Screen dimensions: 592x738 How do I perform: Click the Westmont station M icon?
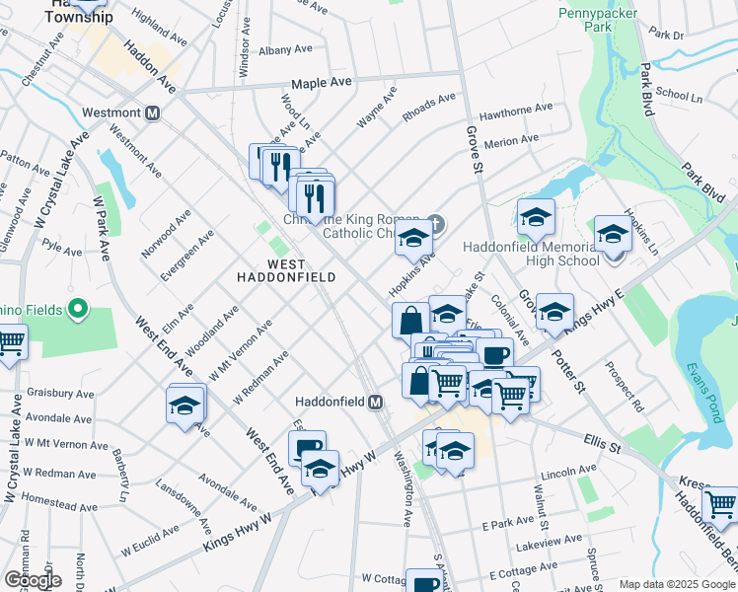pos(152,112)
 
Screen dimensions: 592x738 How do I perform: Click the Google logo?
pos(33,579)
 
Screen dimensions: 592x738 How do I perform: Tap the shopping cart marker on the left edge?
pos(10,344)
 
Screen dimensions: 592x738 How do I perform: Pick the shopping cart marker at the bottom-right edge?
pos(721,504)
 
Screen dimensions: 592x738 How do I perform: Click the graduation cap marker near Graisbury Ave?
pos(184,406)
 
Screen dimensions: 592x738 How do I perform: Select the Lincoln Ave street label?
pos(568,470)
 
